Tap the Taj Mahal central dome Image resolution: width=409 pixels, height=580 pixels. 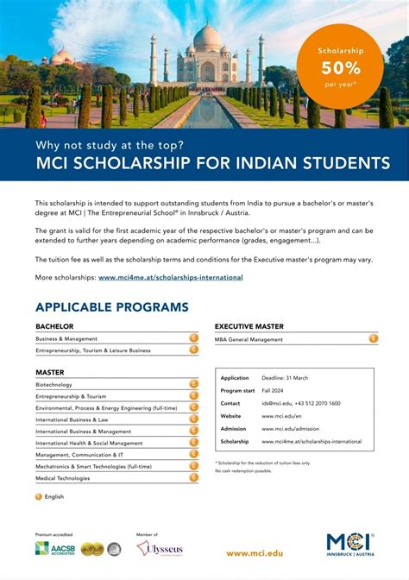point(207,41)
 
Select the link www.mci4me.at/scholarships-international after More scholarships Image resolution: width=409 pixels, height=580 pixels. point(170,278)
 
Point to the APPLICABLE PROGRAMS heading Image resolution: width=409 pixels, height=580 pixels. point(111,307)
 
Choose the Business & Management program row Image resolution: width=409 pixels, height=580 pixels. point(66,338)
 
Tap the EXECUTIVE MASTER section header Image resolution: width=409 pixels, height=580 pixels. point(249,326)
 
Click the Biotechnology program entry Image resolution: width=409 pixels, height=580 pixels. point(53,384)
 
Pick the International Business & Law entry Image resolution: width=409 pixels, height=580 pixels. point(72,419)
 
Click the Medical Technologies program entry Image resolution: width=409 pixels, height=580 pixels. point(62,478)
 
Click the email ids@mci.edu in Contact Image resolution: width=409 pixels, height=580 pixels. point(277,403)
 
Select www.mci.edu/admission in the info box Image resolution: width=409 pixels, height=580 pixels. point(290,429)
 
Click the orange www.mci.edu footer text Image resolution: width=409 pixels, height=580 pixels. point(254,553)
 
